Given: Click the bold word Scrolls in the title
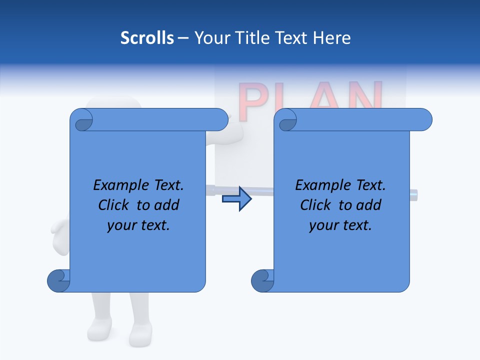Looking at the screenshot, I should [147, 38].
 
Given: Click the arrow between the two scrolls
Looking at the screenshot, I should [236, 199].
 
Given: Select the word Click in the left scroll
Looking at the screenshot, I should [113, 205].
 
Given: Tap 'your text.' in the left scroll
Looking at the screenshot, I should [138, 225].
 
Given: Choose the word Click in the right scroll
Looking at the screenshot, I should [315, 205].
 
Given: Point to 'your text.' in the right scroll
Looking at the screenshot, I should [340, 225].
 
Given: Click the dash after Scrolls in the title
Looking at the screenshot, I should [183, 38].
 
